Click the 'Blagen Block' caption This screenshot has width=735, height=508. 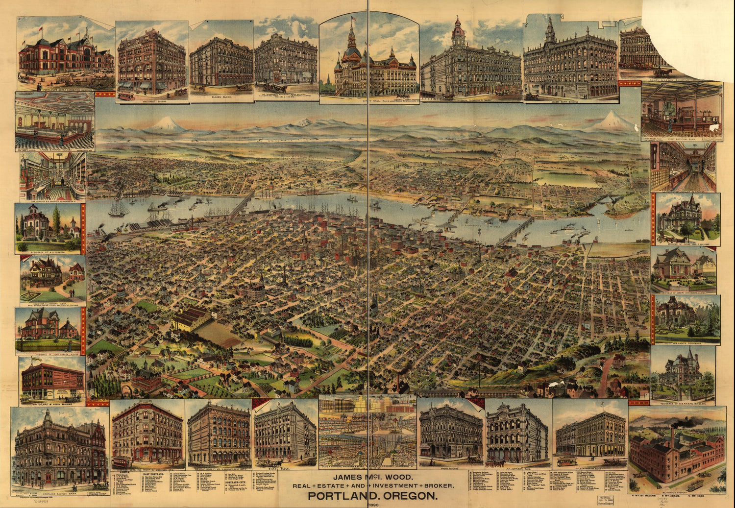(x=220, y=98)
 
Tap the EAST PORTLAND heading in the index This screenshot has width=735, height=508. (x=146, y=474)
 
